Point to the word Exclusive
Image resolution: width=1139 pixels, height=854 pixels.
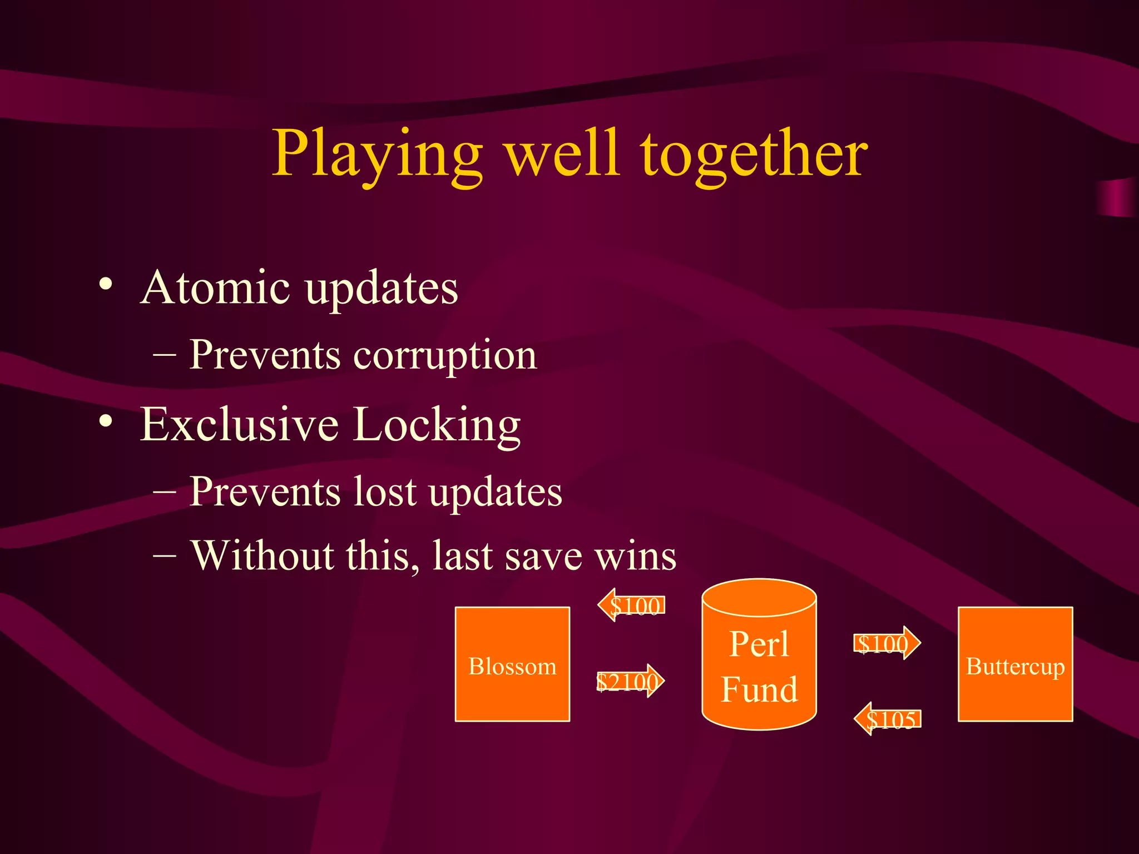pos(239,424)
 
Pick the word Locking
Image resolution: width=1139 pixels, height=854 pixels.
pos(437,425)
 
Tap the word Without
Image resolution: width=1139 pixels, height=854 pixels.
pos(263,555)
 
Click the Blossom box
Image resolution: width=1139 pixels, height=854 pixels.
pos(512,664)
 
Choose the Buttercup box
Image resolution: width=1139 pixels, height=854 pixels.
pos(1015,664)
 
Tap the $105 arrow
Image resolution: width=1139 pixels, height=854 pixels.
pos(888,719)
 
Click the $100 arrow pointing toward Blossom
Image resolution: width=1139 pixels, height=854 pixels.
pos(631,605)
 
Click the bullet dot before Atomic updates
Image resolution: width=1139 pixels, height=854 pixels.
pos(106,285)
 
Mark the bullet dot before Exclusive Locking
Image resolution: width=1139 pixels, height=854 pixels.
pos(106,421)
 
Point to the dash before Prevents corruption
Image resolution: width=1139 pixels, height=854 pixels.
pos(165,355)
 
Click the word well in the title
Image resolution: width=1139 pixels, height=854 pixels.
pos(562,154)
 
